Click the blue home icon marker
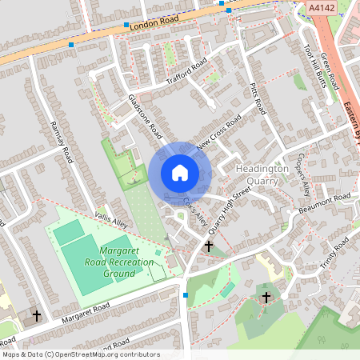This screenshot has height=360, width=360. coord(180,173)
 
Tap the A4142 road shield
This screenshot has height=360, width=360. coord(320,7)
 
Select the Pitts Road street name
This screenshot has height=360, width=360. coord(257,96)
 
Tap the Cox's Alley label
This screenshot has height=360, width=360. coord(195,210)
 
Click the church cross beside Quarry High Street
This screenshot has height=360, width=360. coord(210,247)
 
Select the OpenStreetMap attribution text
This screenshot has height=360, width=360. coord(81,354)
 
